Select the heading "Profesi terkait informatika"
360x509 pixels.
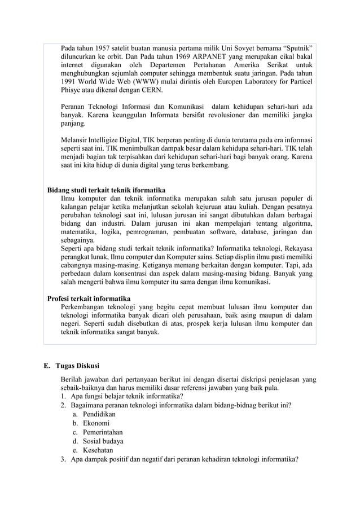pos(89,297)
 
